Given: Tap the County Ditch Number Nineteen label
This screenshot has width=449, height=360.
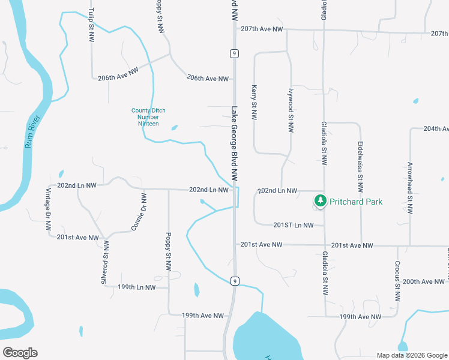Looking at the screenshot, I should coord(148,117).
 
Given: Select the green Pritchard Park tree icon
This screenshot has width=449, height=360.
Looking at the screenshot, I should coord(320,201).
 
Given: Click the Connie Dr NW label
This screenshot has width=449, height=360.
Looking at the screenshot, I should coord(139,211).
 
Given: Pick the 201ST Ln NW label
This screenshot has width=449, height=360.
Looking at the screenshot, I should coord(294,225).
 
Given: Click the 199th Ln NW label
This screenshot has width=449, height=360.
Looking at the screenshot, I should coord(136,287).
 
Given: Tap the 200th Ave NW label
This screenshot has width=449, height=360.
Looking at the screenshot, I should coord(426,281).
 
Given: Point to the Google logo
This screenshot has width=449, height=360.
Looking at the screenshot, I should coord(20,353).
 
